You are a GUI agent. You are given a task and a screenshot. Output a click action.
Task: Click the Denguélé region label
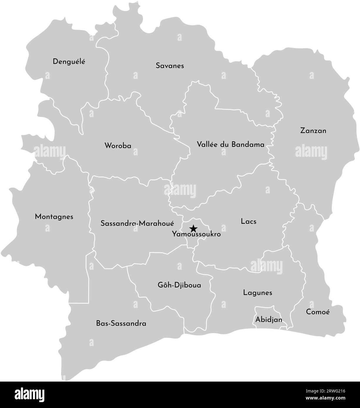pos(69,62)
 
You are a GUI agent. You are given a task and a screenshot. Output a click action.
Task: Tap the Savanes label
pos(170,66)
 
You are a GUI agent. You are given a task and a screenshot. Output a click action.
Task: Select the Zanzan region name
pos(313,131)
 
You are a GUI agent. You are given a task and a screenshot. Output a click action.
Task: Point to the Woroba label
pos(118,146)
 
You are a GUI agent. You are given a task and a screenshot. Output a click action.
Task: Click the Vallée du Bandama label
pos(231,144)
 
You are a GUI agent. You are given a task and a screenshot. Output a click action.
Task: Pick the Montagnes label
pos(54,217)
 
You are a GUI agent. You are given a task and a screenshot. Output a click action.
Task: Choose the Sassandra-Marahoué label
pos(137,223)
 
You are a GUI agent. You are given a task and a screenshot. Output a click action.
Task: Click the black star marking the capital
pos(193,228)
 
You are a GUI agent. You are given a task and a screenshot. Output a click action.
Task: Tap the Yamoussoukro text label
pos(196,235)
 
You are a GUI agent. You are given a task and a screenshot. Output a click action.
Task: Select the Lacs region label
pos(248,221)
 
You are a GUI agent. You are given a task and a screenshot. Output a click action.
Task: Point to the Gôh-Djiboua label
pos(179,285)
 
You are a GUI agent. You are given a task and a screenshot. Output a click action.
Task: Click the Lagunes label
pos(258,293)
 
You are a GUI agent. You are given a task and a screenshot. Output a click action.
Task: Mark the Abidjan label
pos(269,319)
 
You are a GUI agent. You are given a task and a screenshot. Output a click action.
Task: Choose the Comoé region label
pos(318,312)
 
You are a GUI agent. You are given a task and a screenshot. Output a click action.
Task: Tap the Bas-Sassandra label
pos(121,323)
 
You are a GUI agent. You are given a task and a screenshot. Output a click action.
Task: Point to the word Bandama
pos(248,144)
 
